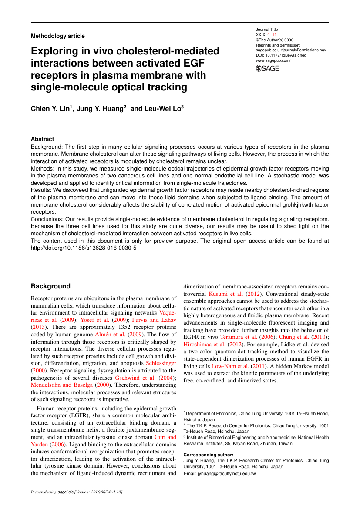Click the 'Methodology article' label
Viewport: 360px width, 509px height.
[57, 36]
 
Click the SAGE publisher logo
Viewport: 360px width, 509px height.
[268, 68]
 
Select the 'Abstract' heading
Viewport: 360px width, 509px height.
[42, 139]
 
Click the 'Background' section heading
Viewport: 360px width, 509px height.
[50, 286]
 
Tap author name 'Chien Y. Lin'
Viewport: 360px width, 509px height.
[50, 109]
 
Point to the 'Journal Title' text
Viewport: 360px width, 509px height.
[267, 30]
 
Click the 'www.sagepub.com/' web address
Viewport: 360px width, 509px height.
[273, 60]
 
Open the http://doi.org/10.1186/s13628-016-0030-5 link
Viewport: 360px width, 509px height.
[84, 248]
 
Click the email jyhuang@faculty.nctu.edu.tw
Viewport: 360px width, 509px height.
[220, 473]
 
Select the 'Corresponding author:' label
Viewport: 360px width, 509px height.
[209, 455]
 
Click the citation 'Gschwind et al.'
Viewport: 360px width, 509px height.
[135, 378]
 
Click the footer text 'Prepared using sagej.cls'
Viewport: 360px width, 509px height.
[52, 492]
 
